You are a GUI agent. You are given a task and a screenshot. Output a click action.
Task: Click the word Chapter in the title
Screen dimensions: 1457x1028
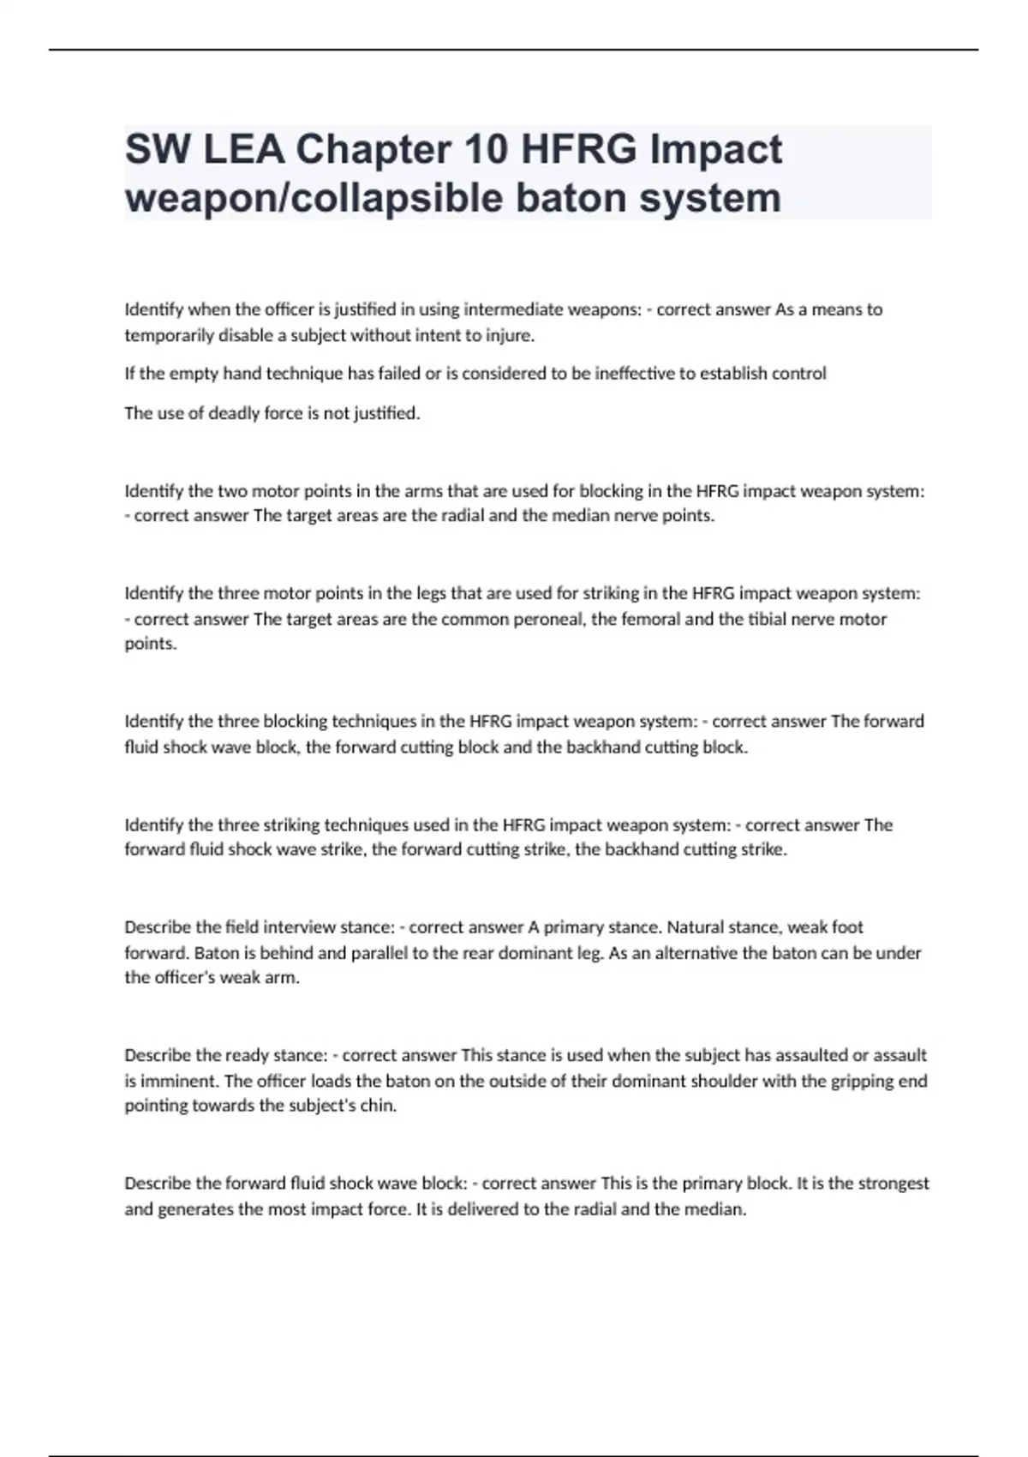click(x=374, y=149)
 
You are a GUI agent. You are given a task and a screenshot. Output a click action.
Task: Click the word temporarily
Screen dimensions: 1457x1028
click(x=168, y=335)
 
